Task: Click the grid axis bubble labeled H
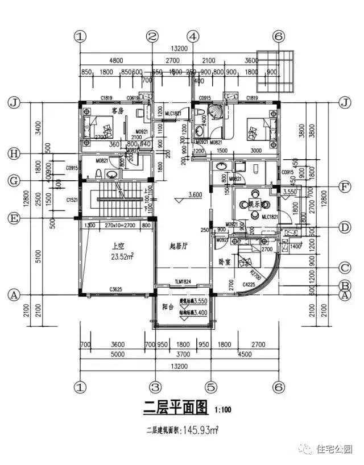click(13, 153)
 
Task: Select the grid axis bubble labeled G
click(13, 181)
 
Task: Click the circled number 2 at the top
click(152, 36)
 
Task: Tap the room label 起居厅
click(180, 246)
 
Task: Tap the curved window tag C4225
click(249, 284)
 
